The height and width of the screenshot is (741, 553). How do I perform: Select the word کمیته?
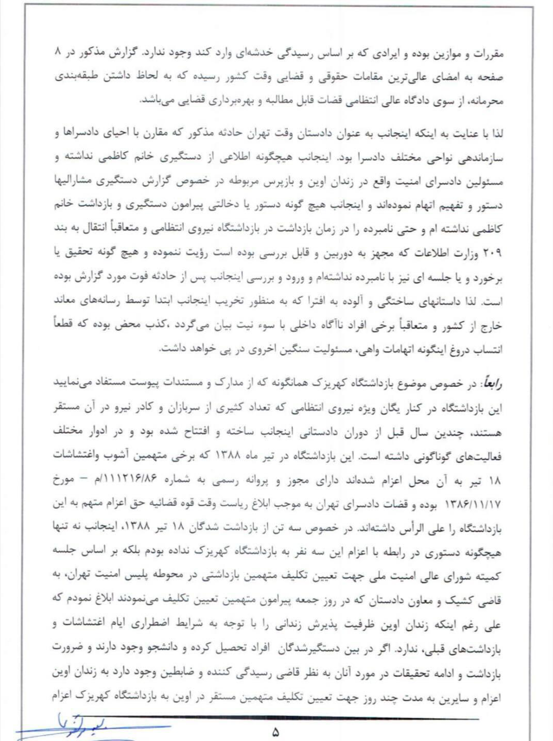489,576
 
